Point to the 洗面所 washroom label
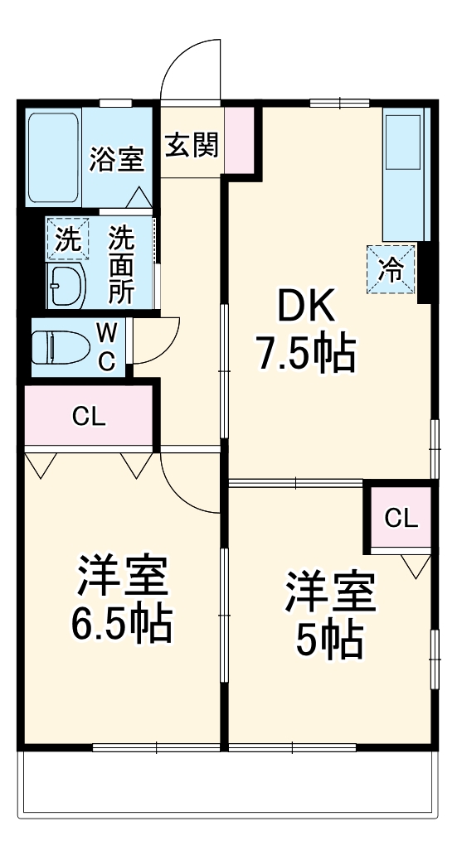pos(122,263)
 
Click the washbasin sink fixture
pos(64,287)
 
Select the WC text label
pos(107,345)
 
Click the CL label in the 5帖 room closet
pos(401,519)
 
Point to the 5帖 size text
pos(329,638)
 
